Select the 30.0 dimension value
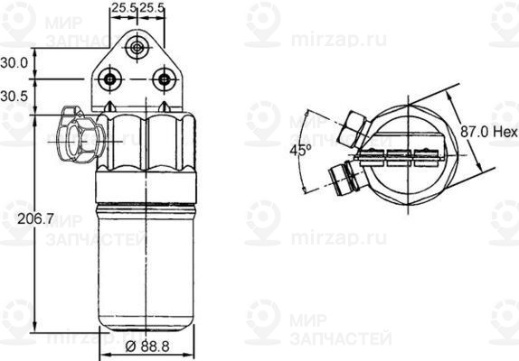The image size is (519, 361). coord(14,63)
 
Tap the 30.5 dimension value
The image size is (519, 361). coord(14,95)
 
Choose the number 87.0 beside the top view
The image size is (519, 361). coord(472,132)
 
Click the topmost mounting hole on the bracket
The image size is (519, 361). coord(137,48)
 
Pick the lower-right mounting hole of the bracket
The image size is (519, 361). coord(163,79)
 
